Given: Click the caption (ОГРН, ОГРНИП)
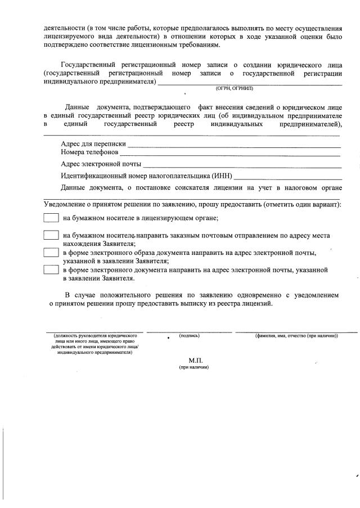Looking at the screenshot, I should [x=235, y=89].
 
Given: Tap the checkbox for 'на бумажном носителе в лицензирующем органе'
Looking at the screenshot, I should [x=51, y=218].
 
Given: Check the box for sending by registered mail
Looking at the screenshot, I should [x=51, y=236].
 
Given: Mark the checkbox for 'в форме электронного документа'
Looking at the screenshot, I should [x=51, y=269].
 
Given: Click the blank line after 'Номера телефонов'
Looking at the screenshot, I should [x=230, y=153].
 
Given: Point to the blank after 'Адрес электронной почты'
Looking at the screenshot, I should [x=242, y=165].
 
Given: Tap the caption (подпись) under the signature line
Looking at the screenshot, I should [x=189, y=335].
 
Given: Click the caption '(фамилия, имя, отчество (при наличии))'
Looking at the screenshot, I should [x=296, y=335].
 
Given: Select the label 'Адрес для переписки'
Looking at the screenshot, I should [x=93, y=144].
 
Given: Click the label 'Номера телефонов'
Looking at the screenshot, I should [x=89, y=152].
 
